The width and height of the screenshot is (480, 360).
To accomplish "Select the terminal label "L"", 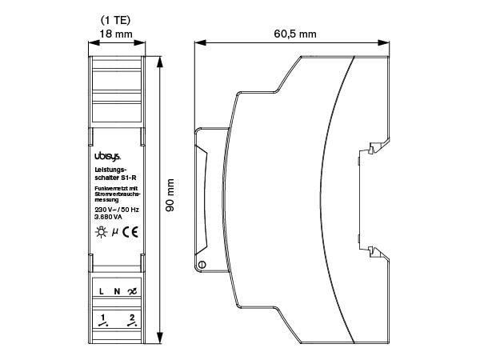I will coord(102,291).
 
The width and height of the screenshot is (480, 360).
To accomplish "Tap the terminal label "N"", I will coord(116,291).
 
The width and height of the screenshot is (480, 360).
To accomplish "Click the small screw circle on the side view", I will coord(202,265).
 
